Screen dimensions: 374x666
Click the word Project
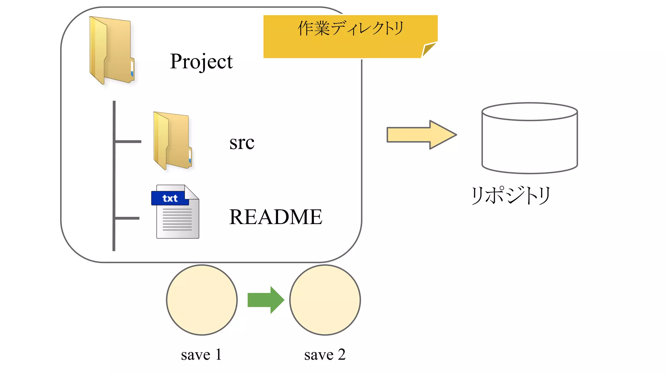(x=201, y=61)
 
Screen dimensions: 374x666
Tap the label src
(x=242, y=143)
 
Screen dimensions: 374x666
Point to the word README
(x=275, y=217)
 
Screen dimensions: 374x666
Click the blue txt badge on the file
(x=169, y=198)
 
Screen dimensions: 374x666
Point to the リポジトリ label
(x=511, y=195)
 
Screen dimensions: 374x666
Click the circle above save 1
(x=202, y=300)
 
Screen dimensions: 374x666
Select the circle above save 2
(x=325, y=300)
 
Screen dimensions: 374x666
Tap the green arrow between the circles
(x=265, y=300)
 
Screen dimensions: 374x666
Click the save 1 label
(x=201, y=355)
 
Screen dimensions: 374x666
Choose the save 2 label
(x=325, y=355)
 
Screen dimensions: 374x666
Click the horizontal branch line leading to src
(x=128, y=142)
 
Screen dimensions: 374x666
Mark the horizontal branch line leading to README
(x=127, y=218)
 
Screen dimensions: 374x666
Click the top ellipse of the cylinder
(x=529, y=112)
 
